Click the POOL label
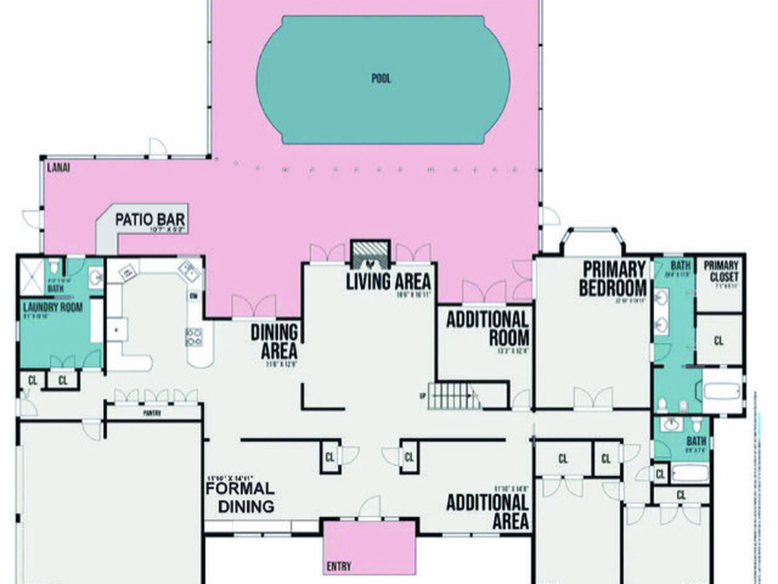(381, 78)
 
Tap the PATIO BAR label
(150, 221)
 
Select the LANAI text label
(59, 167)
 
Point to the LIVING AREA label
(388, 281)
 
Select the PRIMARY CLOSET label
(720, 271)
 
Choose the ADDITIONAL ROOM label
(487, 328)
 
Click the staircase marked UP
(454, 395)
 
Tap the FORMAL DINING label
(240, 497)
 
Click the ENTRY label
(338, 567)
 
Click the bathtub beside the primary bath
(721, 392)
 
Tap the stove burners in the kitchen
(194, 337)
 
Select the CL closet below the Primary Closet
(719, 341)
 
